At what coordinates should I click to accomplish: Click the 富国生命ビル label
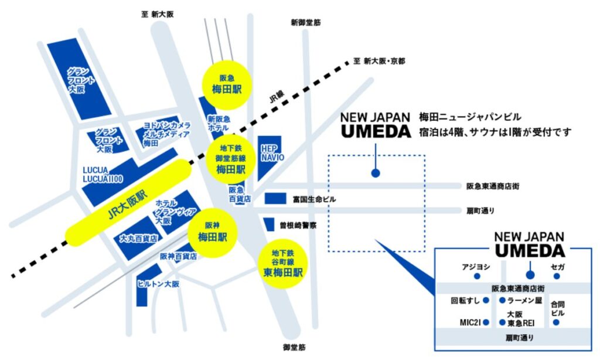pos(314,199)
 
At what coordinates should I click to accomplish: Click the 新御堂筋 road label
pos(305,23)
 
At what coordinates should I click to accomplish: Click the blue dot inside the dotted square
pos(375,173)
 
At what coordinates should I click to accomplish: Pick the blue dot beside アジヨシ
pos(478,275)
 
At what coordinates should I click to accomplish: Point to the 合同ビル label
pos(558,308)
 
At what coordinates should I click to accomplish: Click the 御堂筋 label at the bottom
pos(294,347)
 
